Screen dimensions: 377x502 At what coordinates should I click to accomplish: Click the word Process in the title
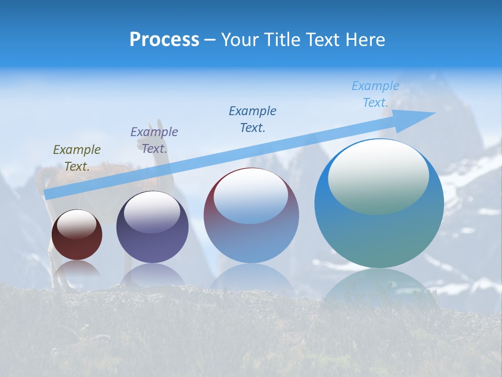click(164, 40)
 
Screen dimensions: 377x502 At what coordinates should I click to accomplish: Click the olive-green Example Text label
click(77, 158)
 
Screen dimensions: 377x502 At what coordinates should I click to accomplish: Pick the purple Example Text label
click(154, 140)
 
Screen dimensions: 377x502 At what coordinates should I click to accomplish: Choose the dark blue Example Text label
click(253, 119)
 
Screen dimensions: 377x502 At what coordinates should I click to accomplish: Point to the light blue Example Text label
click(375, 94)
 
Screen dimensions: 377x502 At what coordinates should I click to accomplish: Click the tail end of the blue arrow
click(48, 195)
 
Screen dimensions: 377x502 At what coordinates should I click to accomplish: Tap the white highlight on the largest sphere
click(378, 175)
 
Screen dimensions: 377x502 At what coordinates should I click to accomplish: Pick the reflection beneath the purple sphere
click(152, 275)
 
